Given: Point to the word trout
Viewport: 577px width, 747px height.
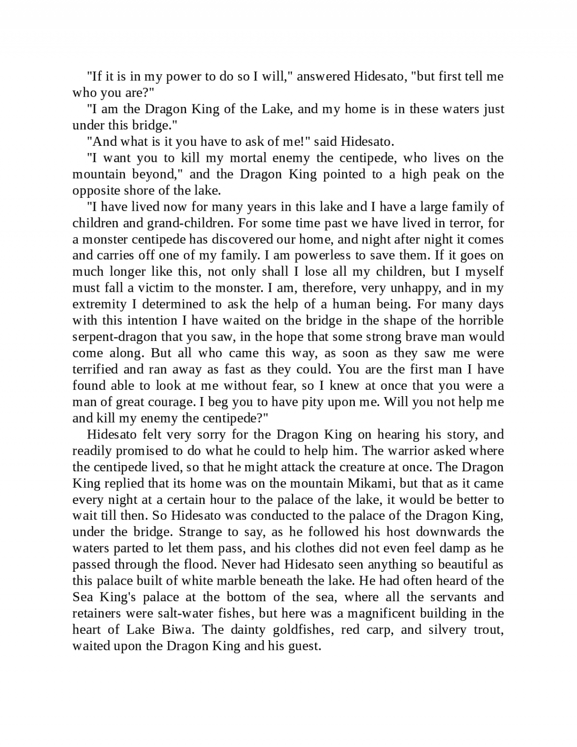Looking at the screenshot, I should tap(485, 630).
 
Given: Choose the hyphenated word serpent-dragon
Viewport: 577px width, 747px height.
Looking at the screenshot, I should tap(114, 337).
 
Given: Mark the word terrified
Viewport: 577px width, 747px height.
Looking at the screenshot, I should tap(95, 370).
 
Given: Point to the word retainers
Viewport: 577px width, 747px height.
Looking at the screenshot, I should tap(96, 614).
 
